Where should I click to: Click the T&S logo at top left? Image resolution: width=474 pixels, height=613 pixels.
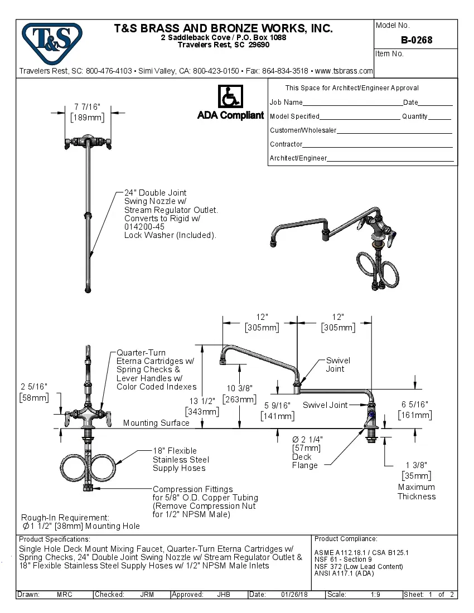52,39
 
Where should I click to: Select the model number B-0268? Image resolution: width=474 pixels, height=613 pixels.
416,40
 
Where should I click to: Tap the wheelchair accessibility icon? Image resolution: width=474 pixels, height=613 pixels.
230,96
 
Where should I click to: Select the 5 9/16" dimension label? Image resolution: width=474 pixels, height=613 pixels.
277,406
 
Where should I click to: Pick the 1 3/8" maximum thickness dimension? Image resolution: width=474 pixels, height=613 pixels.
416,466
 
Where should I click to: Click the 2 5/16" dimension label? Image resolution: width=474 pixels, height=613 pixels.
33,387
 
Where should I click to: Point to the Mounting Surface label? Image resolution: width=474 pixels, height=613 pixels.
156,423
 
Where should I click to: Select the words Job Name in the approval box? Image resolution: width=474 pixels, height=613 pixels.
286,103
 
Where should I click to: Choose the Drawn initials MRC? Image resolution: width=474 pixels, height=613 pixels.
65,595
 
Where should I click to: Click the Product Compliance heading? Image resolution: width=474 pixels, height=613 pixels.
346,539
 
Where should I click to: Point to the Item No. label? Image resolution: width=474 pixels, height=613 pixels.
389,54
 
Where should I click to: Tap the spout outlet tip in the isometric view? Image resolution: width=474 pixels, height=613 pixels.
273,244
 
